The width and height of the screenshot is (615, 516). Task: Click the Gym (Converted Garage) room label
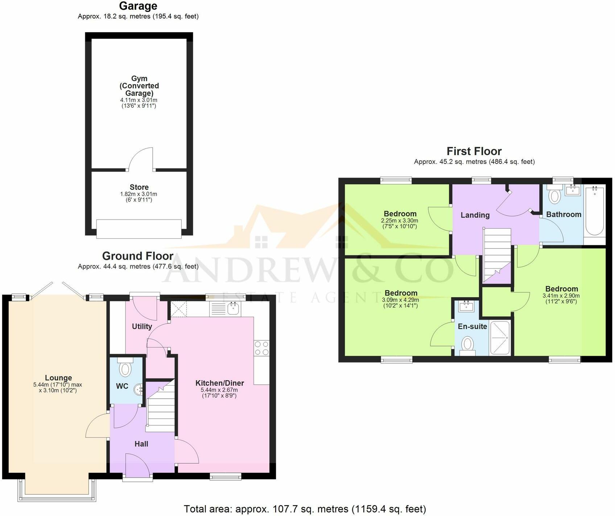[139, 86]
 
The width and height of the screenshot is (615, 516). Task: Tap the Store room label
[139, 187]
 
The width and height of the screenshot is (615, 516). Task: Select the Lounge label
[58, 378]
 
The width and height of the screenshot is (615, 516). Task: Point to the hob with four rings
[262, 348]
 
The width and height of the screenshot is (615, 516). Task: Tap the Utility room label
[142, 326]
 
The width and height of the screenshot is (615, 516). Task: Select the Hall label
[141, 444]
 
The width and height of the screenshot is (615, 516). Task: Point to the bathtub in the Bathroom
[595, 210]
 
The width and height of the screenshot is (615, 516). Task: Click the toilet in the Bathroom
[554, 195]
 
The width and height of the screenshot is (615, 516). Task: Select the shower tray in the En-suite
[500, 337]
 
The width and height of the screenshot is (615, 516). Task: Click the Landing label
[475, 215]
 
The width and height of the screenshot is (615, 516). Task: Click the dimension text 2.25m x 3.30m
[400, 221]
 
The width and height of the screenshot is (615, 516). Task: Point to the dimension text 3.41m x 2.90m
[561, 296]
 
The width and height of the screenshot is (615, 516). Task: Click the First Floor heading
[474, 151]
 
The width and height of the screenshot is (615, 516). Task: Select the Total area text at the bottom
[305, 509]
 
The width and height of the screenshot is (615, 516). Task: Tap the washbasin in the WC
[138, 390]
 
